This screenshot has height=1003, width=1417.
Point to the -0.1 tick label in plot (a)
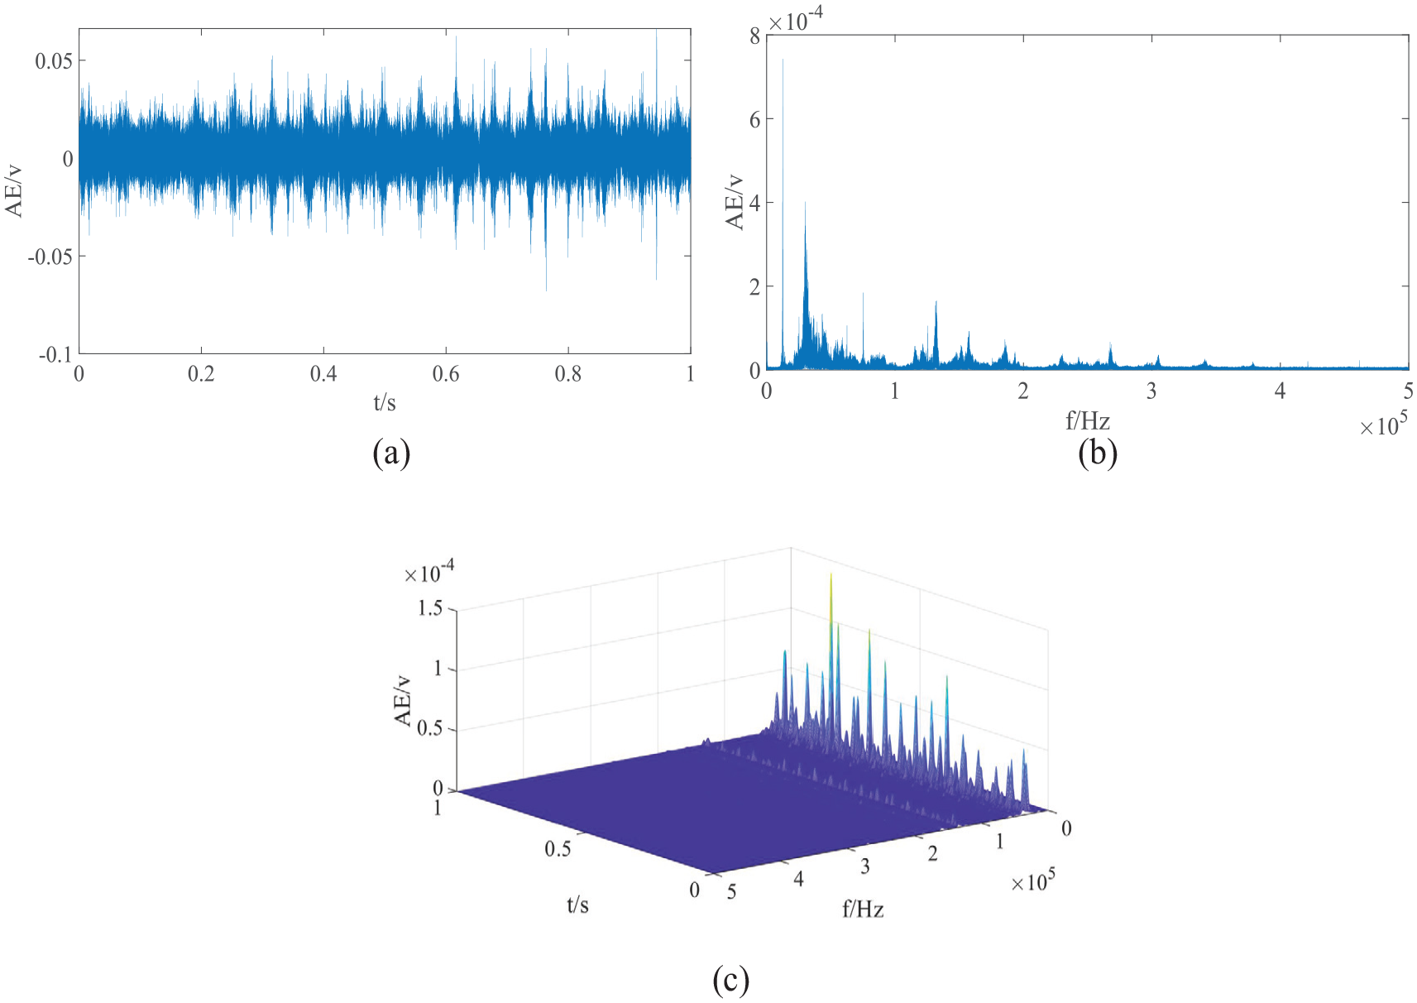tap(55, 355)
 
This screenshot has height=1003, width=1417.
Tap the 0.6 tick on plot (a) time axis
tap(446, 374)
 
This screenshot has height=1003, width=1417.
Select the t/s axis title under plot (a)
tap(385, 403)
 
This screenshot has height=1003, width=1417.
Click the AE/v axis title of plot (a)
tap(14, 191)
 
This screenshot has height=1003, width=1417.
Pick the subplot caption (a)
tap(391, 453)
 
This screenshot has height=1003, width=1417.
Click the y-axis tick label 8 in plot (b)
tap(755, 36)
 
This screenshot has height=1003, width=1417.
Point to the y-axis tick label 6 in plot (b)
tap(755, 119)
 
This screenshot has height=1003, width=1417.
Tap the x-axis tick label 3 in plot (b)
tap(1151, 391)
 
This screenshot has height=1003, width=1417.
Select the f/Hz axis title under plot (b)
tap(1087, 421)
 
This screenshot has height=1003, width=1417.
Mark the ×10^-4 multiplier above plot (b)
tap(795, 20)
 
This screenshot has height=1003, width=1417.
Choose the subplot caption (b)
tap(1098, 453)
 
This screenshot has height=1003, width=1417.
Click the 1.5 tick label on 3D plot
tap(430, 609)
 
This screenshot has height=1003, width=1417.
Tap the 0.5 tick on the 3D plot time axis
tap(558, 849)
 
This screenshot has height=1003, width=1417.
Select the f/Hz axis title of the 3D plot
tap(863, 910)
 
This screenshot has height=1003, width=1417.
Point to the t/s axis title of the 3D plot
tap(577, 905)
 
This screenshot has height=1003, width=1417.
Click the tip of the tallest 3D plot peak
tap(831, 573)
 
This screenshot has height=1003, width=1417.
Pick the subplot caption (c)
tap(730, 980)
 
